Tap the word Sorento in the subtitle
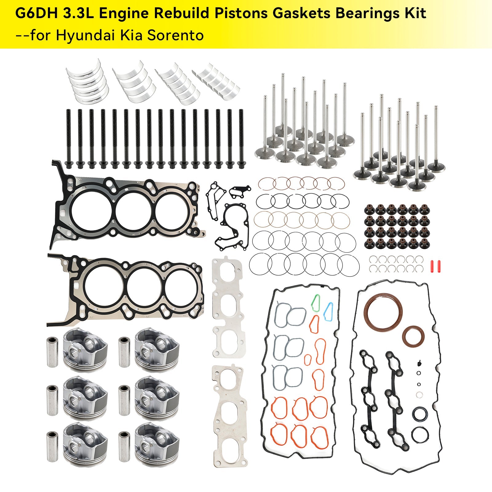pyautogui.click(x=176, y=35)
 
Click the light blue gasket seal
pyautogui.click(x=328, y=311)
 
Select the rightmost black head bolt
pyautogui.click(x=241, y=138)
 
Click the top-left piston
pyautogui.click(x=85, y=348)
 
